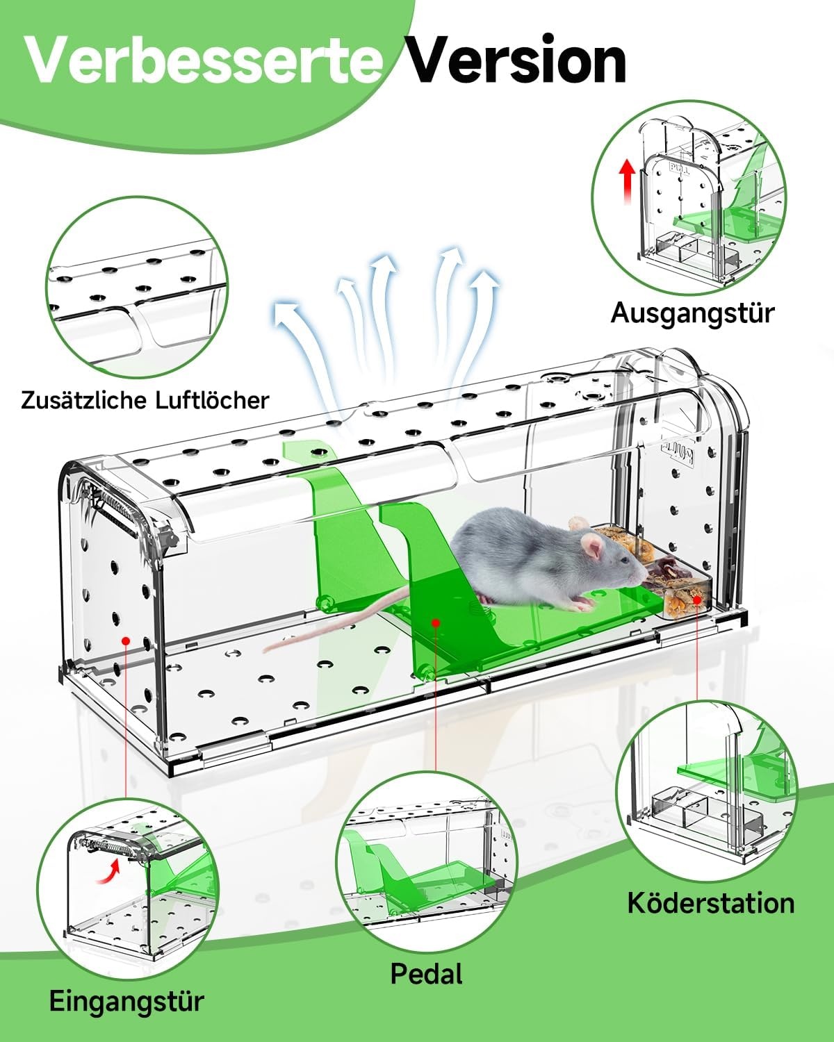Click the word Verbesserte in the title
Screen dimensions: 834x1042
[x=204, y=61]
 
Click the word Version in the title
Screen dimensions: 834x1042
[x=517, y=61]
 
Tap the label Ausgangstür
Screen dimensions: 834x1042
[x=692, y=314]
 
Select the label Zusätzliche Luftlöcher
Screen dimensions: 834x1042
[x=145, y=400]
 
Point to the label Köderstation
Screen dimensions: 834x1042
[x=711, y=903]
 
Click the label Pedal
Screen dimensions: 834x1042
[x=427, y=973]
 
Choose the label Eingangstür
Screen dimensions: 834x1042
[x=126, y=1001]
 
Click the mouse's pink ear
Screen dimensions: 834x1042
[x=593, y=546]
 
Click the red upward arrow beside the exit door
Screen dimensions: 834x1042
[x=628, y=181]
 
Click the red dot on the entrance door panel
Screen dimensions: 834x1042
[x=126, y=640]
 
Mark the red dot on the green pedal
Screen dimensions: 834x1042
[x=436, y=622]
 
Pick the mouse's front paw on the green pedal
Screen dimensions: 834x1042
[x=582, y=603]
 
